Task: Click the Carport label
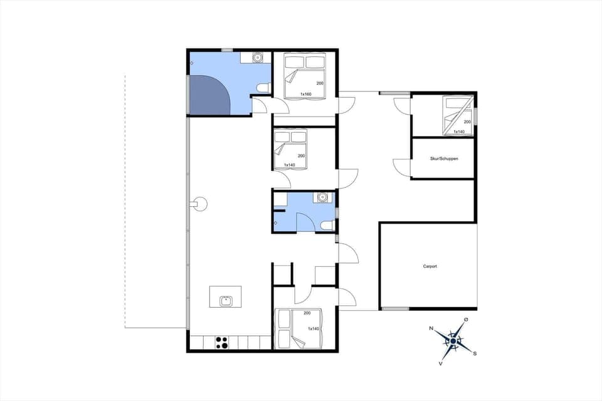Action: pos(430,266)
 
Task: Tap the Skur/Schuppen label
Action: pos(444,159)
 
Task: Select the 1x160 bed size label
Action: pos(306,94)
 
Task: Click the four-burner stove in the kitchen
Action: pos(221,342)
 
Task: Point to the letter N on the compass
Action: pos(431,328)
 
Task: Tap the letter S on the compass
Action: pos(475,353)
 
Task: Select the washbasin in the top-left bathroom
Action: pos(256,58)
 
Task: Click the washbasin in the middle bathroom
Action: pos(323,198)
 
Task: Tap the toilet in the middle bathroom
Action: pos(325,226)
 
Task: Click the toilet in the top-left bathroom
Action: pos(264,87)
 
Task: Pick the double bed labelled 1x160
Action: pos(305,76)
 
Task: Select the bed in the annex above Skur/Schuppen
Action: pos(457,115)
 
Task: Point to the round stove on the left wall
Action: pos(199,204)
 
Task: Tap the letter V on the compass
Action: pos(441,363)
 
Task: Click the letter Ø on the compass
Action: pos(465,320)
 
